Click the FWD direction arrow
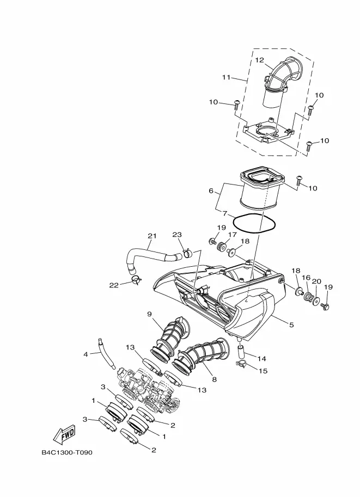(64, 434)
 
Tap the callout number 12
(259, 60)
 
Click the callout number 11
(226, 77)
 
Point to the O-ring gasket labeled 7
(254, 223)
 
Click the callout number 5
(291, 324)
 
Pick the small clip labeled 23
(187, 253)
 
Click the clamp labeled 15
(241, 364)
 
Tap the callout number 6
(211, 191)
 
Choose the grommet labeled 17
(222, 246)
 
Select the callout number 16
(306, 278)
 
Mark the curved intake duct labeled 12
(281, 82)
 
